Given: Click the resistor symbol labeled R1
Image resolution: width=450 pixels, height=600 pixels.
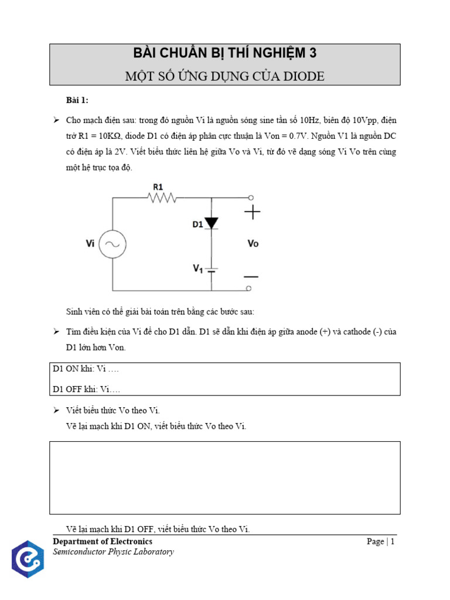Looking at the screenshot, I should [163, 199].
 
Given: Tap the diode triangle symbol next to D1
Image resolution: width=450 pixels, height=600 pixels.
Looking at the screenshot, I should [212, 223].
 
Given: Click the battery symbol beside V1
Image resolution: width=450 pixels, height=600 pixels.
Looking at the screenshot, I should [212, 270].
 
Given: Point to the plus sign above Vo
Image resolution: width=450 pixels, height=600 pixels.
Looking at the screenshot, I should [253, 212].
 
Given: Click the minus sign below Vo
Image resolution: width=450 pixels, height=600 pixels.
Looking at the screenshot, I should [252, 276].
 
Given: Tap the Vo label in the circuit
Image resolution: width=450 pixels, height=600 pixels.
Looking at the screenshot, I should [253, 244].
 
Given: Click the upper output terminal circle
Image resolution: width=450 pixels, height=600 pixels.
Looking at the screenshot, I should [250, 198].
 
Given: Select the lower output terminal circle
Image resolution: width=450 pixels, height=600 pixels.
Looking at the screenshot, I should [250, 288].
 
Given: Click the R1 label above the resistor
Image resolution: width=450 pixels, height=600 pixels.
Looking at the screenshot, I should [158, 186].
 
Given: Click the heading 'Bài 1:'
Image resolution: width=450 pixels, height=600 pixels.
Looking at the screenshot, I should [77, 100].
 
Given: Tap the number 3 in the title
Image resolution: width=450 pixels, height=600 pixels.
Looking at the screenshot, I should [313, 53].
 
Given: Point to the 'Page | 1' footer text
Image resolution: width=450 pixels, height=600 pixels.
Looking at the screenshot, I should [381, 541].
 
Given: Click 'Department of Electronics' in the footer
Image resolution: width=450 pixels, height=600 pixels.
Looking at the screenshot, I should [103, 541].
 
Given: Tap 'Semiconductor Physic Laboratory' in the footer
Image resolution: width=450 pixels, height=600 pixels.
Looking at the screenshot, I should [113, 552].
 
